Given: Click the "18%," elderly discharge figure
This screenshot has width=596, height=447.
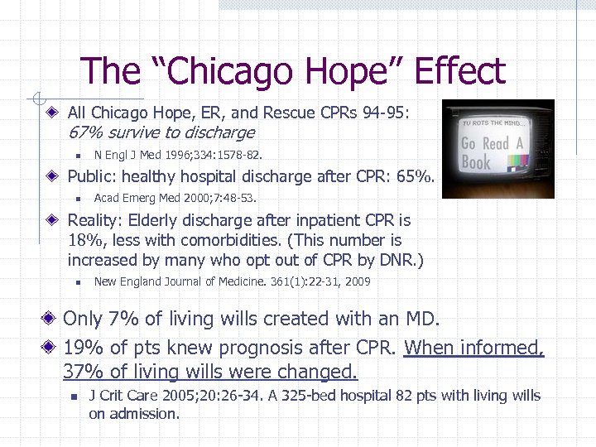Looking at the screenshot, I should click(84, 241).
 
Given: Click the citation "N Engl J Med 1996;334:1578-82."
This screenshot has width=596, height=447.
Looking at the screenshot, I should click(180, 155).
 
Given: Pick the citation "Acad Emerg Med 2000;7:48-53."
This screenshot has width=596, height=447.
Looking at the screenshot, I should click(175, 198).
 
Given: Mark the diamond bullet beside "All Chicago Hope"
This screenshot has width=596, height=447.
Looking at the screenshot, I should click(53, 112).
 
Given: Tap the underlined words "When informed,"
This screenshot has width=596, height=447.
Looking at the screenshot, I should click(473, 348).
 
